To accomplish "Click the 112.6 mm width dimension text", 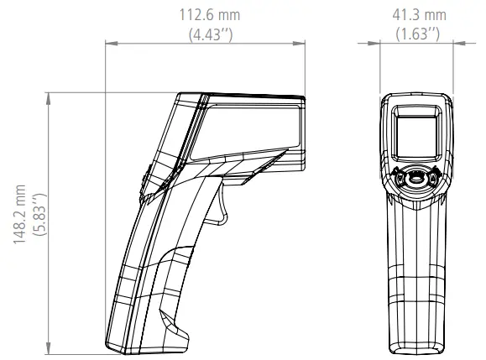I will pos(207,15).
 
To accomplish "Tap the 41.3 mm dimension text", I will pos(419,15).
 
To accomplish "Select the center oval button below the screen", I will pos(417,179).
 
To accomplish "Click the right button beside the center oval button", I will pos(434,178).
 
